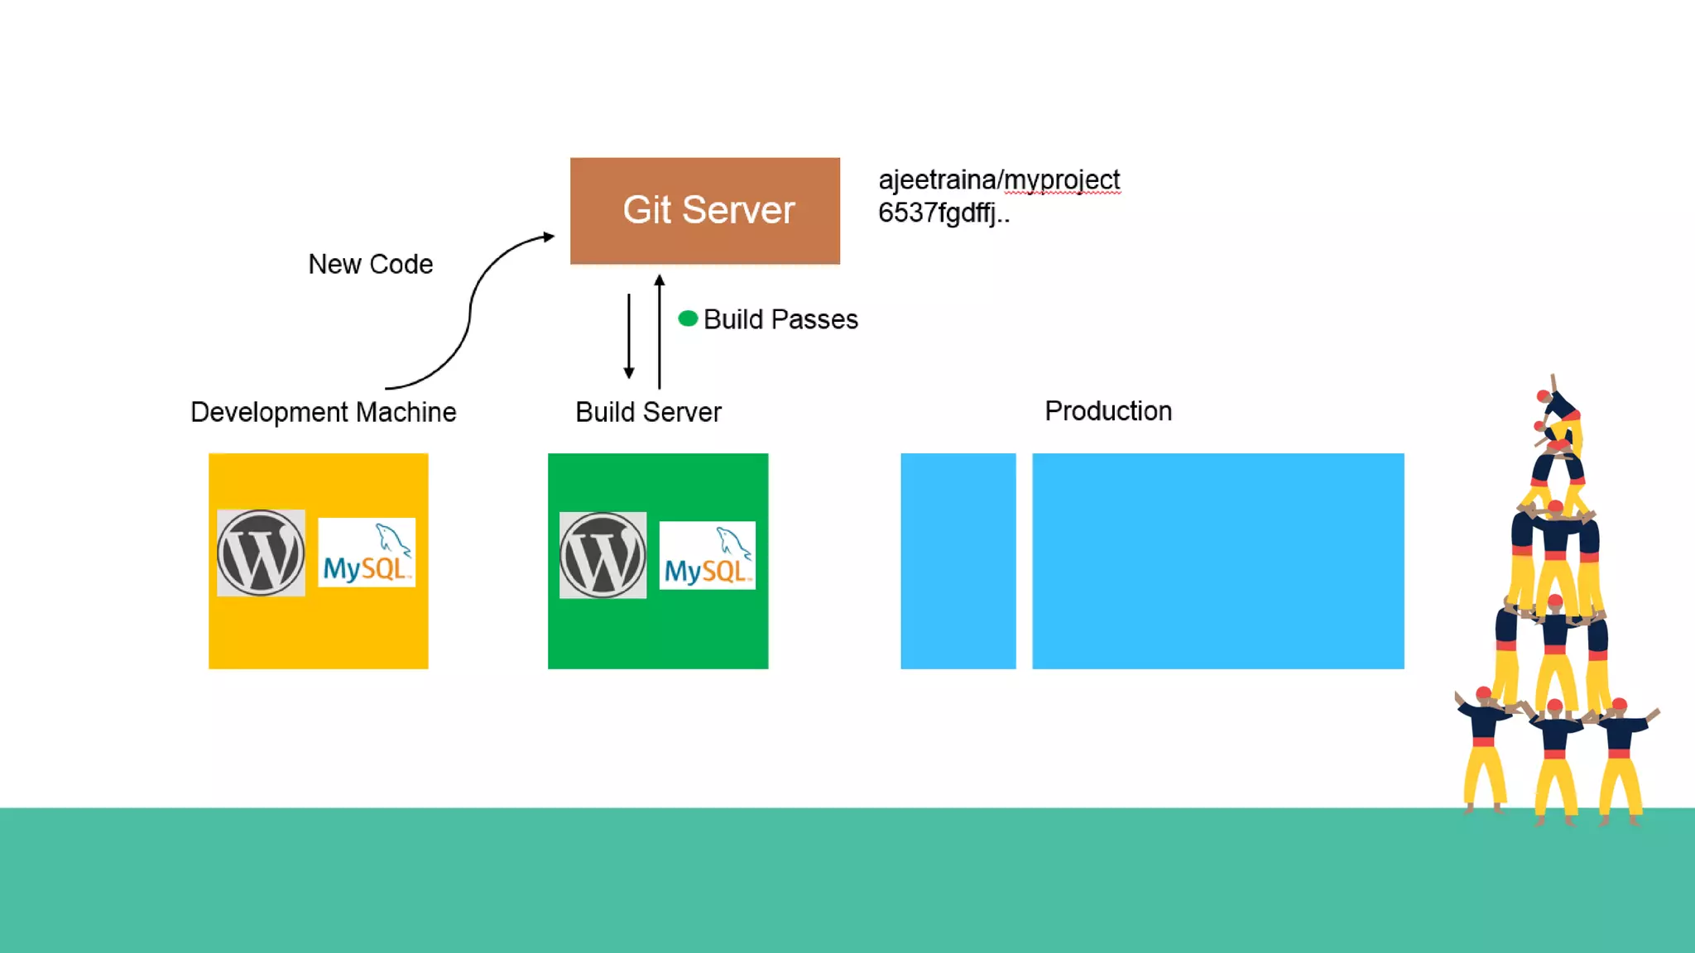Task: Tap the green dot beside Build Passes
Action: click(688, 319)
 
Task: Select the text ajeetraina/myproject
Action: click(999, 180)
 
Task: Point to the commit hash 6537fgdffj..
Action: click(944, 213)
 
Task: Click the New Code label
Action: click(371, 265)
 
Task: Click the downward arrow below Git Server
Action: click(629, 336)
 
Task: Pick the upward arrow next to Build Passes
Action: click(660, 331)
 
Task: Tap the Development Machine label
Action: click(324, 412)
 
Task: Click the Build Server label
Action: click(648, 412)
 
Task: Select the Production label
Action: click(1108, 411)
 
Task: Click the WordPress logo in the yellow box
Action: click(261, 553)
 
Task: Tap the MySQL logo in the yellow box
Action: click(367, 553)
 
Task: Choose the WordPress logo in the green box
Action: click(603, 555)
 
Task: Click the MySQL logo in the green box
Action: click(707, 555)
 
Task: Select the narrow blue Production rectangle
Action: click(958, 561)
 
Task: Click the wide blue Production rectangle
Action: click(1217, 561)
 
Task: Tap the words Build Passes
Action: click(780, 319)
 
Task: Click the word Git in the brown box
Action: click(646, 210)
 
